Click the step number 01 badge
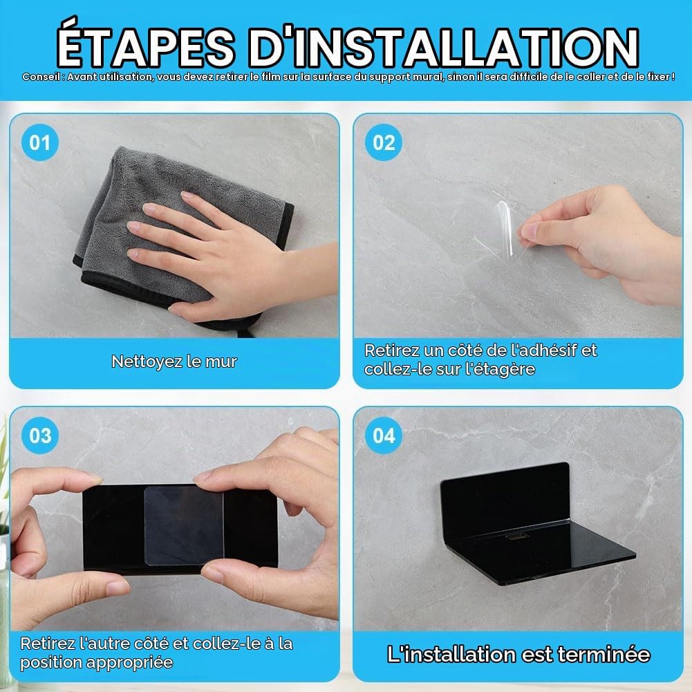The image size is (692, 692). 40,142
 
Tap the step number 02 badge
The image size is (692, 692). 384,142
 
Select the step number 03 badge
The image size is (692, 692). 40,436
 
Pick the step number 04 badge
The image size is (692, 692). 384,436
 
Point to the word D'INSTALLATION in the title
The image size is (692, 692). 445,46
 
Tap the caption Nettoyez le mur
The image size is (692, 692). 174,362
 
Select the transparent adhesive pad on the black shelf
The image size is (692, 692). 184,525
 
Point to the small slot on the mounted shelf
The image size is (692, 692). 518,536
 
